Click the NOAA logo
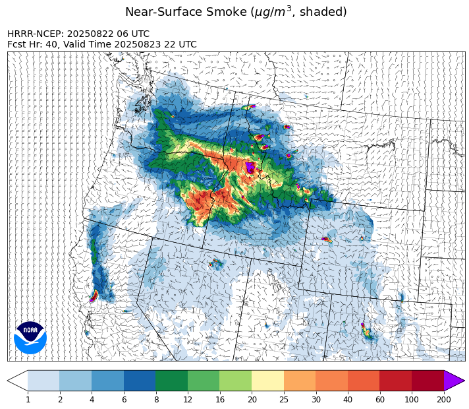[30, 337]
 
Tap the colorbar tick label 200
[444, 400]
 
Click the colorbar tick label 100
[412, 400]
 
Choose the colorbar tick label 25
[284, 400]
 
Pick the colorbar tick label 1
[28, 400]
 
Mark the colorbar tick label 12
[188, 400]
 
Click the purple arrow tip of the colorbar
[454, 381]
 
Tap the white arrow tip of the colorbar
[18, 381]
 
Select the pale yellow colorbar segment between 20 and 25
[268, 381]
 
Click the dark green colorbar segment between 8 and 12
[172, 381]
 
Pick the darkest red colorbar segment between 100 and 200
[428, 381]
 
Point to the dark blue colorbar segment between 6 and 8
[140, 381]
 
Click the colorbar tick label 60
[380, 400]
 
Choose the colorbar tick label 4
[92, 400]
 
